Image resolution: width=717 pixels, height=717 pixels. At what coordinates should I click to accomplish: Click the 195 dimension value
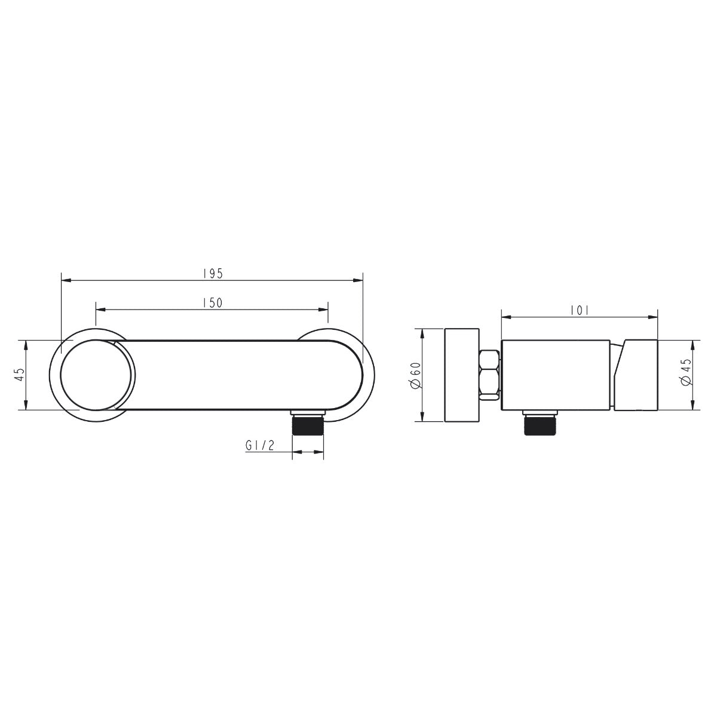coord(213,273)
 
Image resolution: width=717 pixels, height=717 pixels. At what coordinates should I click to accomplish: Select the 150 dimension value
coord(213,303)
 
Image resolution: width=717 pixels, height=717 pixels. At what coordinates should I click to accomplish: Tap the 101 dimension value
coord(580,310)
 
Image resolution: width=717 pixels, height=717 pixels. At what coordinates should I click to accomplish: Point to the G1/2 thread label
coord(260,445)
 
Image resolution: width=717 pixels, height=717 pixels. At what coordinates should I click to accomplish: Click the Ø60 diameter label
coord(416,375)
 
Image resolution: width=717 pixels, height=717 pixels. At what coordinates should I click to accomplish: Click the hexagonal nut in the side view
coord(490,375)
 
